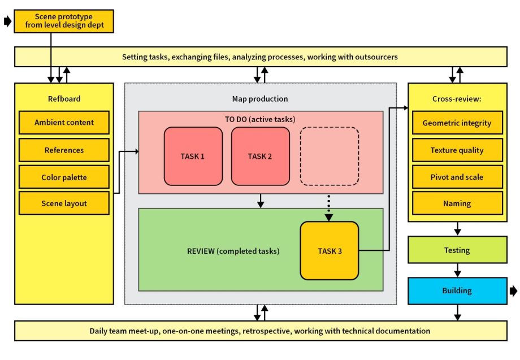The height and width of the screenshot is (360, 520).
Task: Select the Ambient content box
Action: tap(64, 123)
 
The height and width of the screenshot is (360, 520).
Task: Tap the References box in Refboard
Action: tap(64, 150)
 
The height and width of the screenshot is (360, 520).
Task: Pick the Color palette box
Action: tap(64, 177)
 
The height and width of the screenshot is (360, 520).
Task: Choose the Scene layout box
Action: tap(64, 203)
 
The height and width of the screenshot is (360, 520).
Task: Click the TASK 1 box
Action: tap(193, 156)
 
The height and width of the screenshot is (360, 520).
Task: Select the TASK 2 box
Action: tap(260, 156)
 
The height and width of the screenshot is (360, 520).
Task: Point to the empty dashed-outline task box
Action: tap(329, 156)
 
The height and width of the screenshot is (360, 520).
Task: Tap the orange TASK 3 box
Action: tap(329, 250)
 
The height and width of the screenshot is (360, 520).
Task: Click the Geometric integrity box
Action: tap(457, 123)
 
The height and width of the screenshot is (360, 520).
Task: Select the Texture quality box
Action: tap(457, 150)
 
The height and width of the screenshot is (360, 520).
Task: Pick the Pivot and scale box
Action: tap(457, 177)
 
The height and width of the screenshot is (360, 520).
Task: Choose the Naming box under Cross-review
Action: tap(457, 203)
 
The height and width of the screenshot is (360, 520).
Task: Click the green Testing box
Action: tap(457, 250)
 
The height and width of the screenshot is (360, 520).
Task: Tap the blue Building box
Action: tap(457, 290)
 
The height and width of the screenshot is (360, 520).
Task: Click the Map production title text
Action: tap(260, 99)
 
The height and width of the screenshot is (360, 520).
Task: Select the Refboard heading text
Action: tap(64, 99)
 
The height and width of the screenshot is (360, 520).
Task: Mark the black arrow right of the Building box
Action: tap(513, 291)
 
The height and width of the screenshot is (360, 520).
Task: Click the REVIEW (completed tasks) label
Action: tap(233, 251)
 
